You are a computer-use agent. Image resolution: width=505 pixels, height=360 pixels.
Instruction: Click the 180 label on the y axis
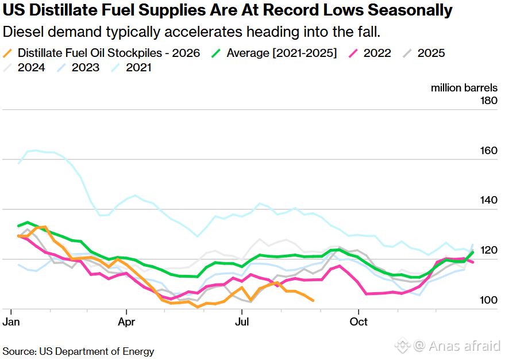[489, 101]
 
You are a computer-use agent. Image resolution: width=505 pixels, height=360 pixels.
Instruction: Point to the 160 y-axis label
[489, 151]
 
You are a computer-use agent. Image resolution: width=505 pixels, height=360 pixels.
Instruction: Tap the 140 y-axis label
[489, 200]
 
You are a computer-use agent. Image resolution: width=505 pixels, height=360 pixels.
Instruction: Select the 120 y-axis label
[489, 250]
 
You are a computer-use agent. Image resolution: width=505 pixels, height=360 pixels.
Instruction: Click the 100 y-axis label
[489, 300]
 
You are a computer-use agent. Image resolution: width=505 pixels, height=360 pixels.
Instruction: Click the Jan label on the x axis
[11, 321]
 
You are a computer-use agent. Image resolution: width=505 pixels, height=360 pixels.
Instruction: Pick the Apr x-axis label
[126, 321]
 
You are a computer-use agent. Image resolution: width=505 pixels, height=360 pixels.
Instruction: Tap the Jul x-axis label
[242, 321]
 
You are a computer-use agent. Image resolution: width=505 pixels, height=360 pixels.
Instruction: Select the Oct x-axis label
[358, 321]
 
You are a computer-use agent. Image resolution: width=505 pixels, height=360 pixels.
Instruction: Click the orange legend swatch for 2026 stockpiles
[7, 53]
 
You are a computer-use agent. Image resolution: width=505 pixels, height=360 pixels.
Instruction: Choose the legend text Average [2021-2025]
[282, 53]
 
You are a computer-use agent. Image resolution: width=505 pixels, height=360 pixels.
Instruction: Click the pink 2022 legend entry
[370, 53]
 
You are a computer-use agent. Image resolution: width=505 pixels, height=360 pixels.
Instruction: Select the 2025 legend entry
[424, 53]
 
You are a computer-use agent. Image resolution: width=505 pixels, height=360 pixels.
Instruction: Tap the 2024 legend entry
[24, 68]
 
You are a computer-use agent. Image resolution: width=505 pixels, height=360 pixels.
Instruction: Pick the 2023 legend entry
[78, 68]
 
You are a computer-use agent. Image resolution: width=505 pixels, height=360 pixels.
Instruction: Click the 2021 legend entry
[131, 68]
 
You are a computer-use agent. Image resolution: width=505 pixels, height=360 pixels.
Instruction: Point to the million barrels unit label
[464, 87]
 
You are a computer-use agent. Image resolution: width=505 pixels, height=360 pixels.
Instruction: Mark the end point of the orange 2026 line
[313, 300]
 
